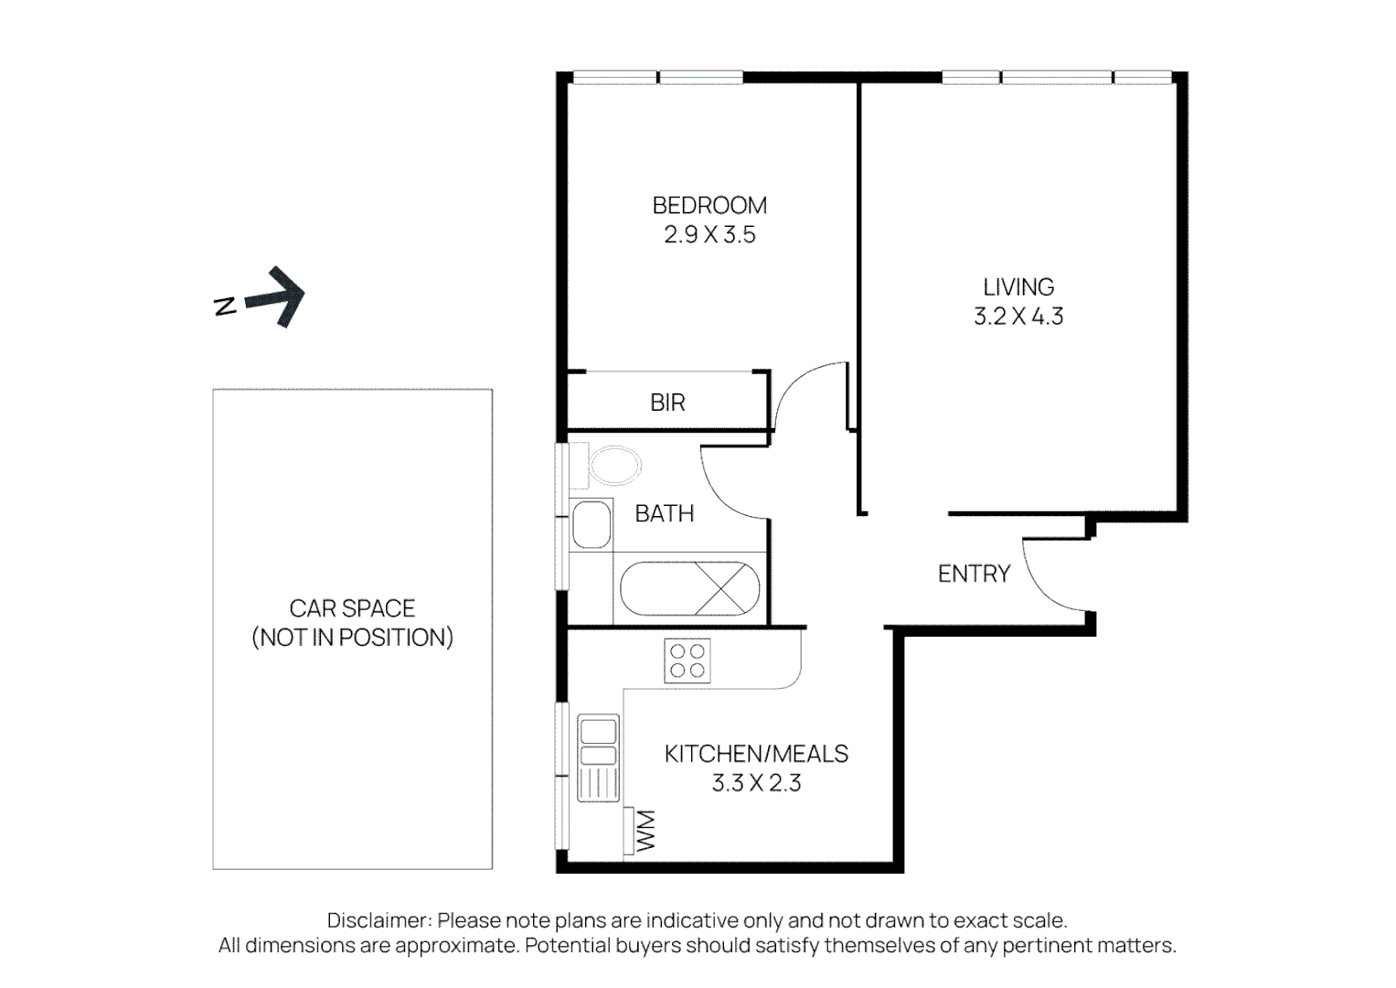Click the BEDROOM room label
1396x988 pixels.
tap(709, 205)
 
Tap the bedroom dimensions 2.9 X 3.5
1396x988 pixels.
tap(709, 235)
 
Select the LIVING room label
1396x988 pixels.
tap(1018, 286)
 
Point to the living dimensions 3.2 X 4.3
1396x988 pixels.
tap(1018, 317)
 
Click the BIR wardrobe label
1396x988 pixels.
tap(667, 403)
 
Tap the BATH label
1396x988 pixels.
tap(664, 514)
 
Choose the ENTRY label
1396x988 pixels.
tap(974, 574)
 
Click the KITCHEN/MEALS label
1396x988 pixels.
tap(756, 754)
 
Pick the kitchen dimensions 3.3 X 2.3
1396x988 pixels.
tap(756, 783)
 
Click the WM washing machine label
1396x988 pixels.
tap(645, 831)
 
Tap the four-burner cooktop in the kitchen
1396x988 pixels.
tap(687, 660)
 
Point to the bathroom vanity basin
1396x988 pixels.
tap(591, 526)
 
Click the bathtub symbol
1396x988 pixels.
tap(690, 588)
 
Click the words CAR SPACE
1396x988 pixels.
tap(352, 608)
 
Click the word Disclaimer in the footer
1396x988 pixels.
tap(377, 920)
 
